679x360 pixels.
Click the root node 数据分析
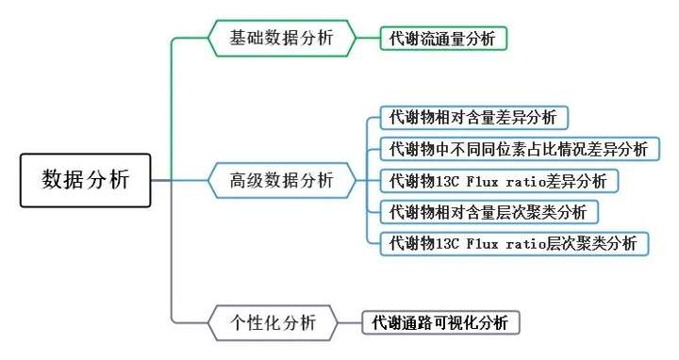[x=85, y=180]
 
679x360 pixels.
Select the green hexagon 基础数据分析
[x=282, y=39]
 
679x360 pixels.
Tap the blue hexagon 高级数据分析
[x=282, y=180]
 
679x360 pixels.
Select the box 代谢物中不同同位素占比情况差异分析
[x=518, y=149]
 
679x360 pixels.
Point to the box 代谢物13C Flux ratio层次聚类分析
[x=513, y=242]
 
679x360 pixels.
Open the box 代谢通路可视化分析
[x=440, y=322]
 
